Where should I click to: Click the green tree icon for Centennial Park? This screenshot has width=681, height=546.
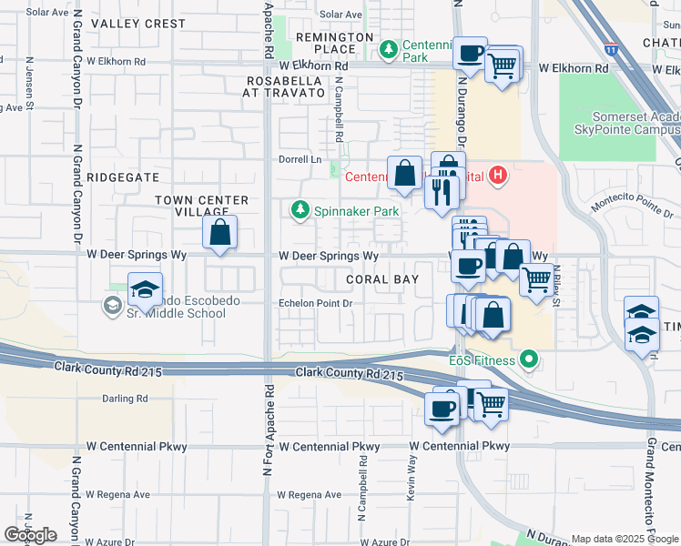pos(389,47)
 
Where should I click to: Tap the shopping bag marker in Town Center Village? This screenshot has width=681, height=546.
pos(220,232)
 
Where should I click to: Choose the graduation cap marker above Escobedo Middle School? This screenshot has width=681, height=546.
pos(145,289)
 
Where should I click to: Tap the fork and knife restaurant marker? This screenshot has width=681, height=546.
pos(440,192)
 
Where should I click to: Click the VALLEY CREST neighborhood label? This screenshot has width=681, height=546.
pos(138,23)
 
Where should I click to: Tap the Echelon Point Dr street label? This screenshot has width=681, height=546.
pos(315,304)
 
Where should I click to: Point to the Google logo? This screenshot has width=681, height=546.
pos(31,535)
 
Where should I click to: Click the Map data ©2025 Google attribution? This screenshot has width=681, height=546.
pos(625,539)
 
